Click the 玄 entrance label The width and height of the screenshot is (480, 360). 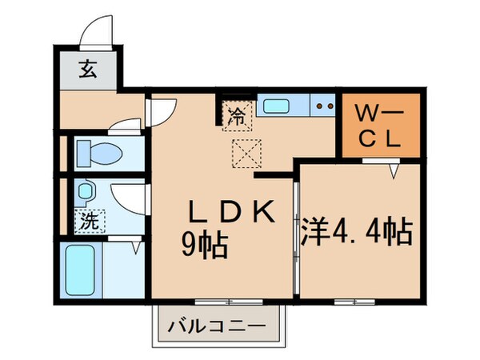pos(87,70)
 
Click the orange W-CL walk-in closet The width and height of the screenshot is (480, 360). pos(378,124)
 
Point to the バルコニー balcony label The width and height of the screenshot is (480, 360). pos(218,326)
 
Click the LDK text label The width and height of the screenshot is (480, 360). pos(231,212)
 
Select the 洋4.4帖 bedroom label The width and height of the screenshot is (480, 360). pos(357,231)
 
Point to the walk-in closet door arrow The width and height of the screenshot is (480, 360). pos(394,169)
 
